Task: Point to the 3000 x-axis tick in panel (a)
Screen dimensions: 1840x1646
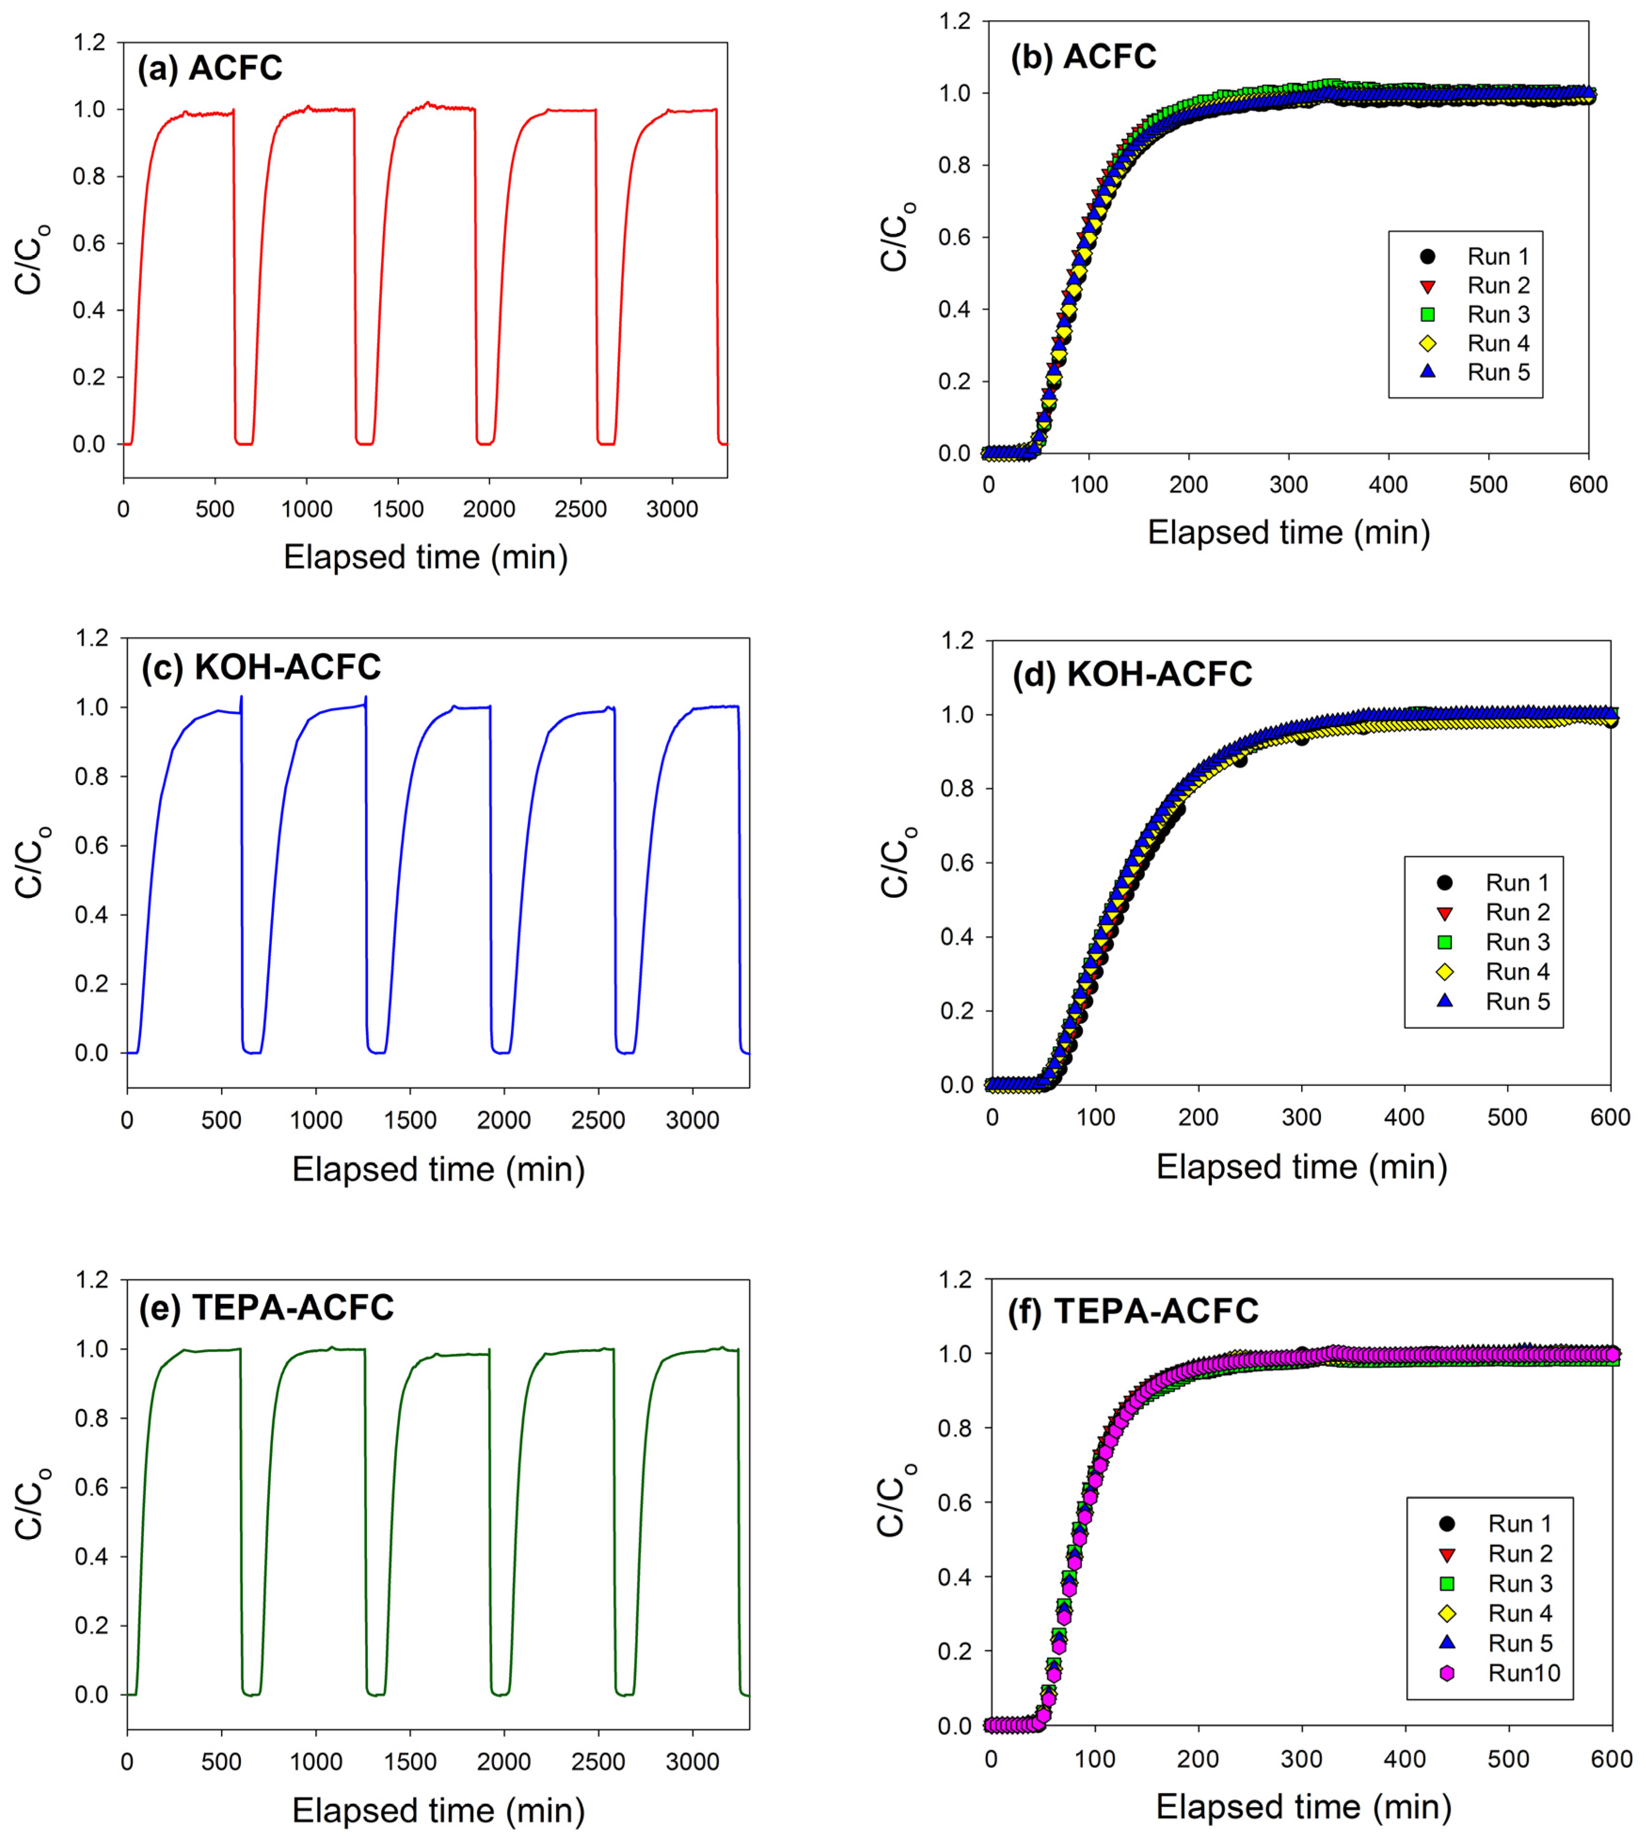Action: point(672,509)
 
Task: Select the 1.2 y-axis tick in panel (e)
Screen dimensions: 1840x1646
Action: point(91,1280)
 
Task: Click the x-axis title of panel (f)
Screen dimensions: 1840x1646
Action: point(1303,1808)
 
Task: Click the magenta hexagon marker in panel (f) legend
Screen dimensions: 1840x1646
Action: point(1447,1673)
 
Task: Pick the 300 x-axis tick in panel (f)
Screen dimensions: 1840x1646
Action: point(1302,1760)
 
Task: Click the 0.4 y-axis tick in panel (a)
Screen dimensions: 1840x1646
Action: point(89,310)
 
